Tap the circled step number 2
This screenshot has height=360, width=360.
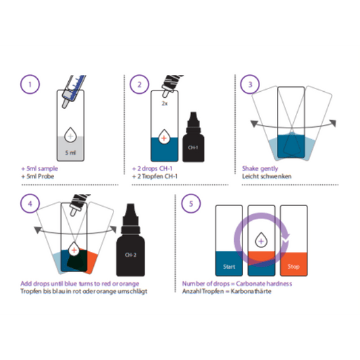pos(139,86)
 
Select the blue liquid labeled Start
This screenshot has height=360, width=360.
pos(229,264)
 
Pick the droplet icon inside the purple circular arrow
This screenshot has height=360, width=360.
pos(261,238)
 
